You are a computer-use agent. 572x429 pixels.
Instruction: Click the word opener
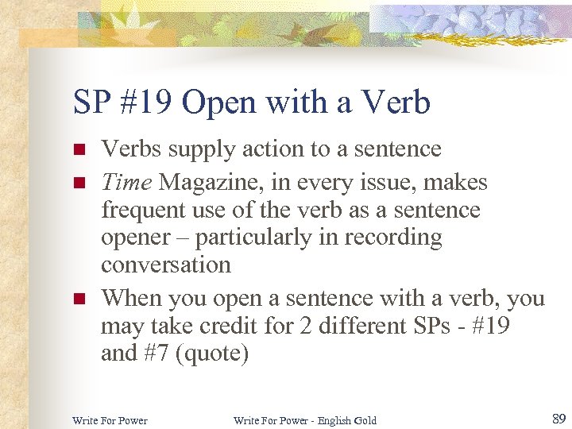click(135, 238)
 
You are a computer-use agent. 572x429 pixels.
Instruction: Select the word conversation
click(165, 265)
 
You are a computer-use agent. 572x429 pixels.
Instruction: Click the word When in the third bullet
click(129, 299)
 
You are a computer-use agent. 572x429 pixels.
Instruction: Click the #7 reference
click(162, 353)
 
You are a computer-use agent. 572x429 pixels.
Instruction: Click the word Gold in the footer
click(365, 420)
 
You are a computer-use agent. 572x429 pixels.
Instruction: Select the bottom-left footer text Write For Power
click(110, 420)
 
